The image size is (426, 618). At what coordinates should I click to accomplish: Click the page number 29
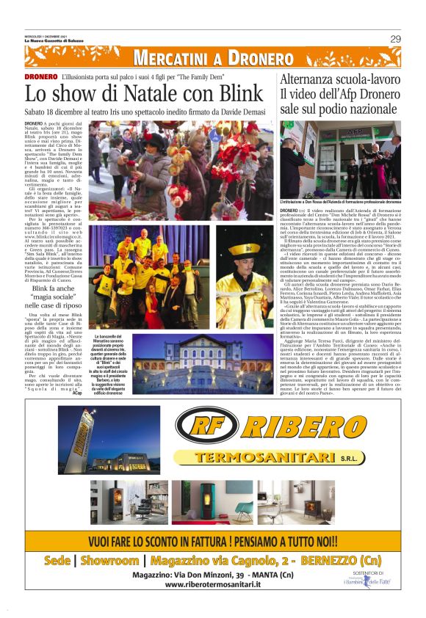pyautogui.click(x=395, y=39)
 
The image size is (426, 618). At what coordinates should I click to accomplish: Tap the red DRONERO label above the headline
pyautogui.click(x=40, y=77)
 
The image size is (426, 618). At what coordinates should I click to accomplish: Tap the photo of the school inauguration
pyautogui.click(x=340, y=160)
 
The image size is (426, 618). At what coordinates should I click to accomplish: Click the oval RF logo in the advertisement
pyautogui.click(x=203, y=428)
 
